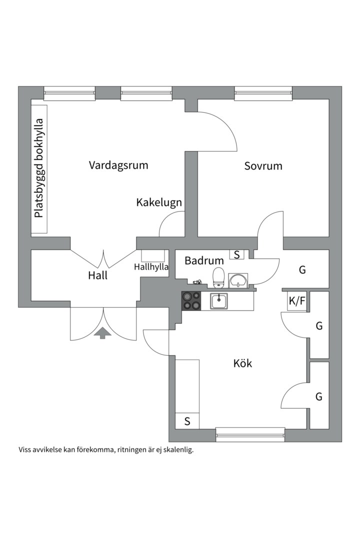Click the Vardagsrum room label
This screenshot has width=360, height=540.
(x=118, y=165)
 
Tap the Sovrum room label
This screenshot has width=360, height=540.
(x=263, y=166)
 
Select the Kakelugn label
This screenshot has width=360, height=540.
(x=159, y=202)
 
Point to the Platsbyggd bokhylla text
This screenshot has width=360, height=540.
(x=39, y=168)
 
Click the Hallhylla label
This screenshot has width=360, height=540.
(x=151, y=267)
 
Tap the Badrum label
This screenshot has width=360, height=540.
(x=204, y=260)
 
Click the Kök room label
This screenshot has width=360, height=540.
(x=242, y=363)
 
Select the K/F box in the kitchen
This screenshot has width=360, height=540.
(x=296, y=301)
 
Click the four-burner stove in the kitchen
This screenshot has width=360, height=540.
(x=191, y=301)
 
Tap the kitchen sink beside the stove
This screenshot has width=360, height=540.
(x=219, y=301)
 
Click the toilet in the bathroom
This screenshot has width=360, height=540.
(x=218, y=277)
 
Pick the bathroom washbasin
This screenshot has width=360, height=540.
(x=238, y=280)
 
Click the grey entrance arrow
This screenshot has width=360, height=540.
(x=103, y=332)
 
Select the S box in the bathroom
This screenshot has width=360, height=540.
(x=236, y=254)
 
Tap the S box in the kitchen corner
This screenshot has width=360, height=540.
(x=187, y=421)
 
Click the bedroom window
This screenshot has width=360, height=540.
(x=263, y=91)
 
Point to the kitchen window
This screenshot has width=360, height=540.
(x=250, y=433)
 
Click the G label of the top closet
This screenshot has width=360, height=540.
(x=302, y=270)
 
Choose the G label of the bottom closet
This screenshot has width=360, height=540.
(x=318, y=397)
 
